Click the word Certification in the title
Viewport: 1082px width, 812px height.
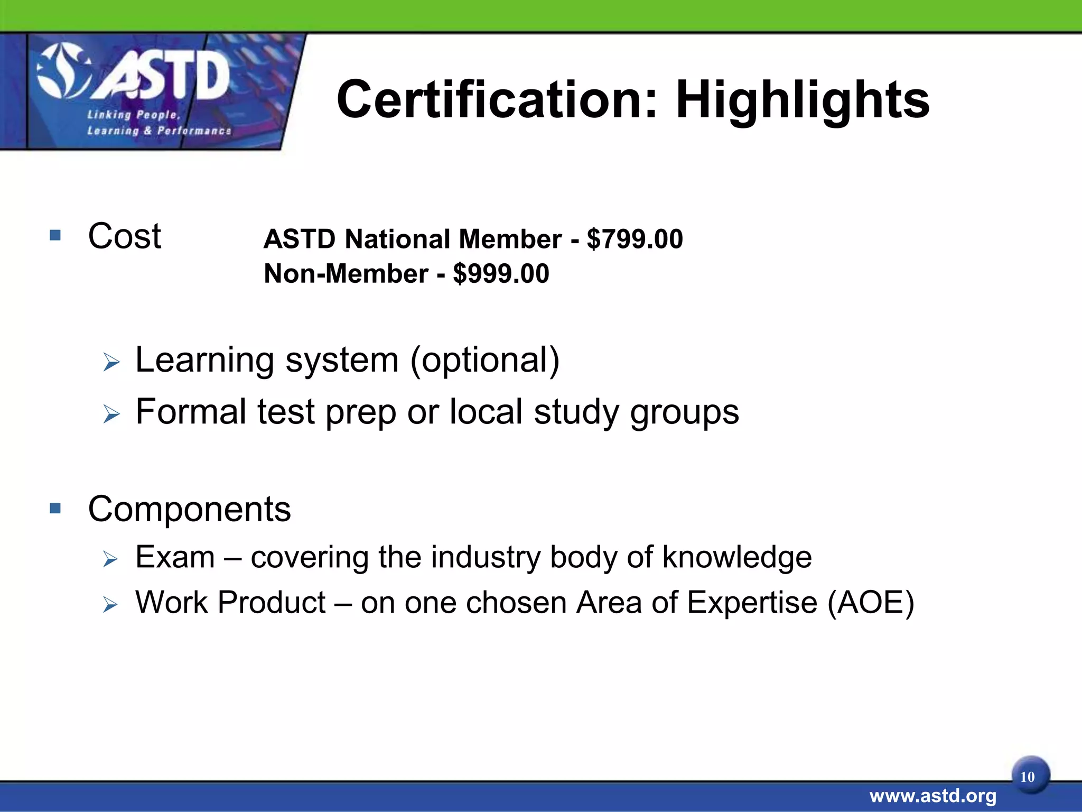point(497,99)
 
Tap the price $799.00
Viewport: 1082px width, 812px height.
point(635,239)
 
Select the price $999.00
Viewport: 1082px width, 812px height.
point(501,274)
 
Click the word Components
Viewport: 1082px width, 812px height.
point(189,509)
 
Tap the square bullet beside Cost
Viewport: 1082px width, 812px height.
point(55,235)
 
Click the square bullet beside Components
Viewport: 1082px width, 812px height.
point(55,508)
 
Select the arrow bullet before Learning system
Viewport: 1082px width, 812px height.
point(111,363)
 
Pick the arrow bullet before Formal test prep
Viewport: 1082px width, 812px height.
point(111,414)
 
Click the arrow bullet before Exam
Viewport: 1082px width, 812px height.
point(110,559)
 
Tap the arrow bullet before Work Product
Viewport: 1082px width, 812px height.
point(110,604)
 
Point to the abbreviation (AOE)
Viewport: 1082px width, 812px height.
point(870,603)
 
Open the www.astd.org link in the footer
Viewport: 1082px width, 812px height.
point(932,796)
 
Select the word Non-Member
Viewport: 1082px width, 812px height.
point(346,274)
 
